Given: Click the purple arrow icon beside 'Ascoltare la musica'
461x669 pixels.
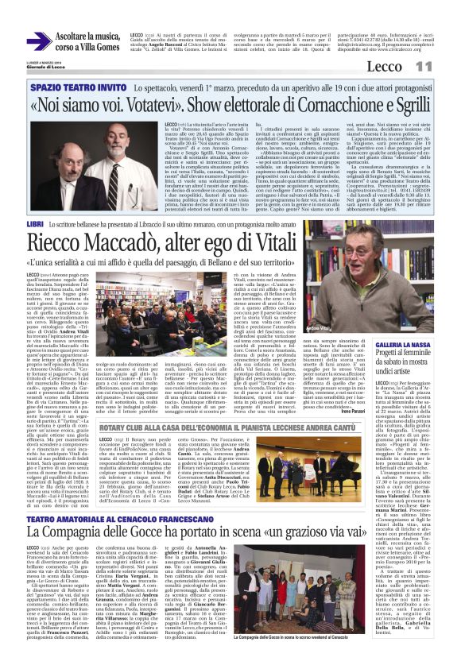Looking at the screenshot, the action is (x=38, y=41).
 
